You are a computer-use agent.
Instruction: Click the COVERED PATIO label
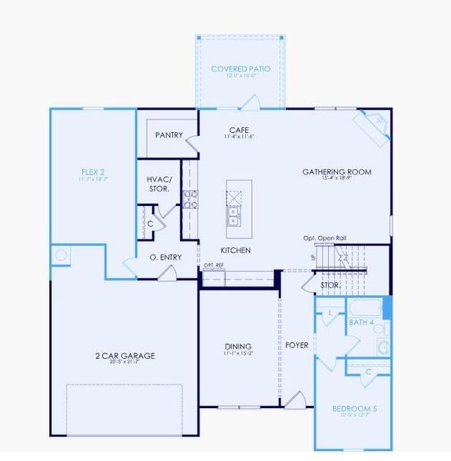click(x=240, y=69)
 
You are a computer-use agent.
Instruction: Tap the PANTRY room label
click(x=168, y=135)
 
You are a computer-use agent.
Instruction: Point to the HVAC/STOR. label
click(x=159, y=184)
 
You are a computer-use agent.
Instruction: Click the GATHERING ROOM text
click(x=337, y=172)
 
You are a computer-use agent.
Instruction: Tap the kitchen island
click(x=238, y=207)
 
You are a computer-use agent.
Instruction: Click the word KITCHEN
click(x=236, y=251)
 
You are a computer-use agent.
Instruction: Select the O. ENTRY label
click(x=165, y=257)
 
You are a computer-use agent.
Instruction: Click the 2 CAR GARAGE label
click(x=125, y=356)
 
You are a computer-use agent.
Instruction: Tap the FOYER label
click(x=297, y=346)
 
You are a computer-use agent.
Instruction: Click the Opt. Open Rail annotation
click(x=324, y=239)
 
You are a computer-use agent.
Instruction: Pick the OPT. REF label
click(x=214, y=265)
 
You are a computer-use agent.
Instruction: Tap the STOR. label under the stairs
click(x=331, y=286)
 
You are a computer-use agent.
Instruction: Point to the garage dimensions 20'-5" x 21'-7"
click(x=125, y=363)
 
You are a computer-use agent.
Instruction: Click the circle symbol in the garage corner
click(x=61, y=254)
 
